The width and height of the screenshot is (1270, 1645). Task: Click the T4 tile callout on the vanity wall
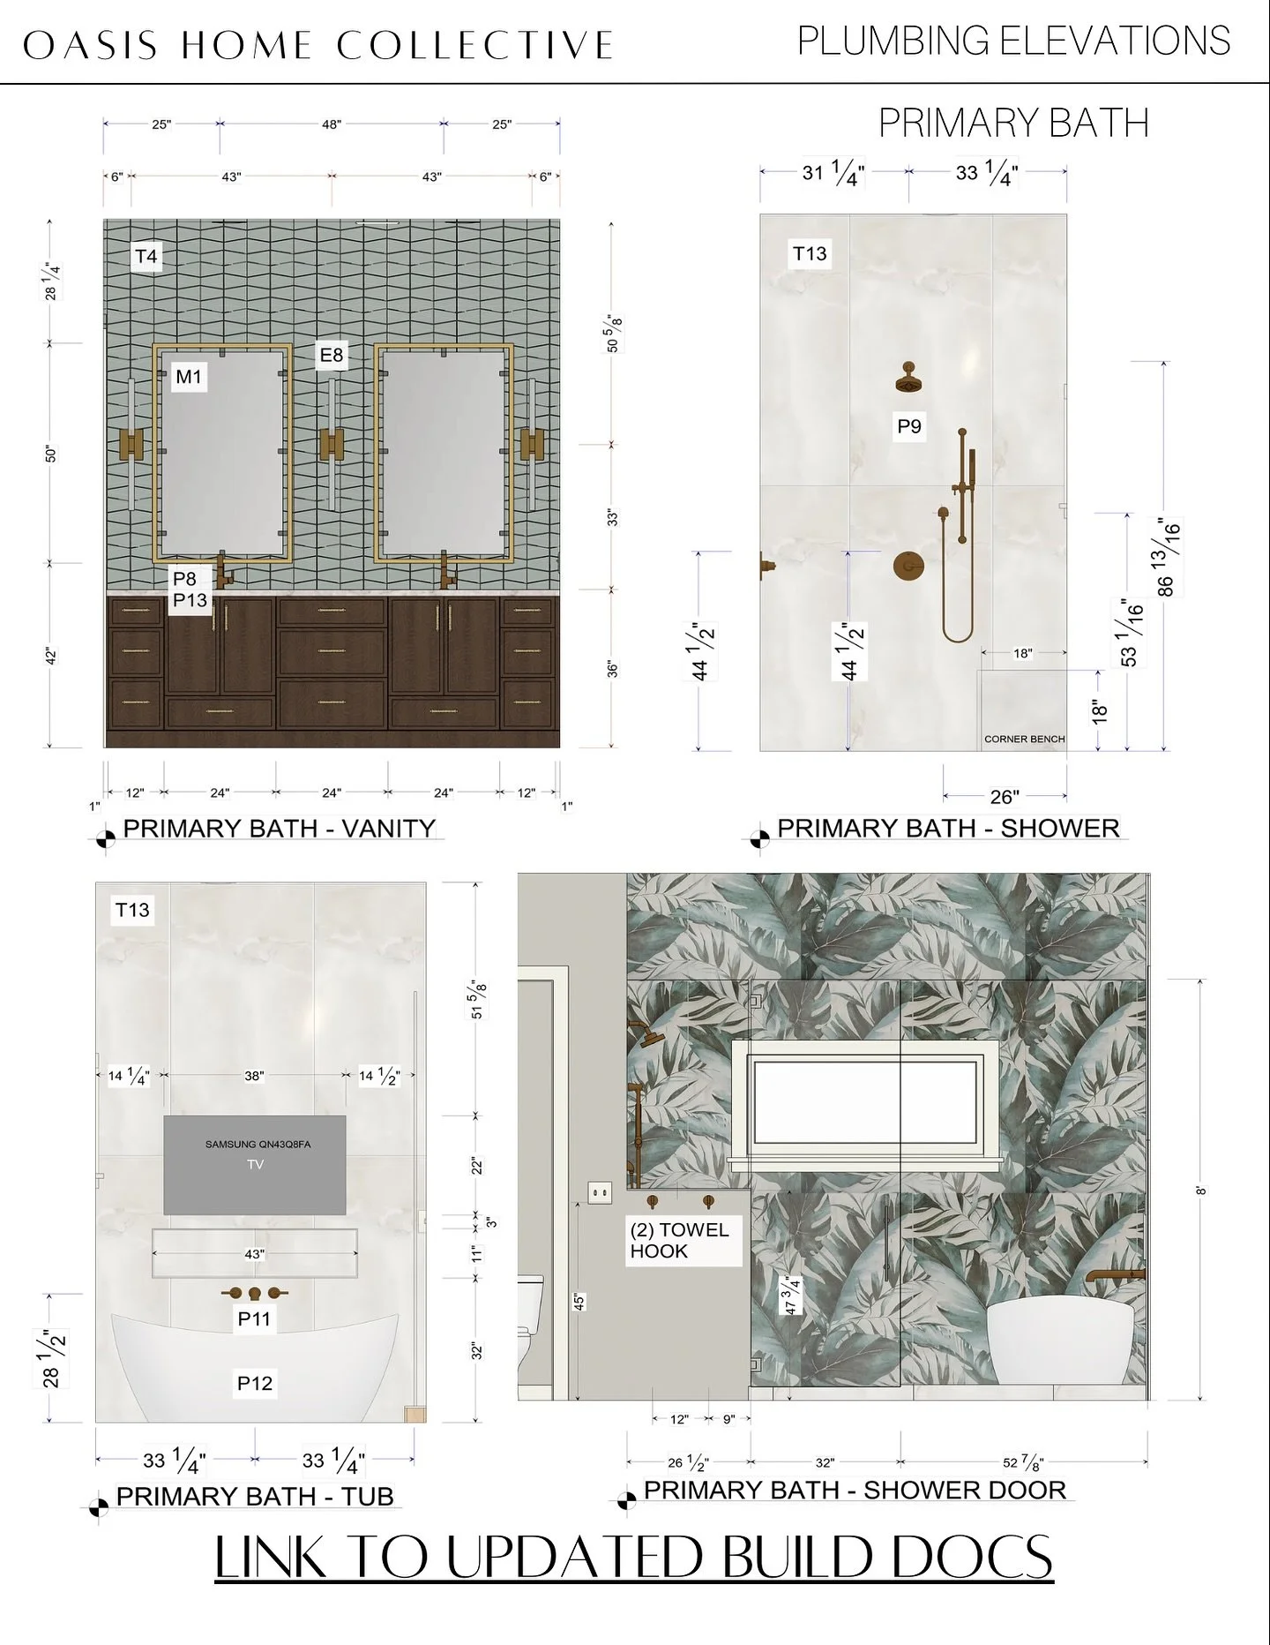(146, 257)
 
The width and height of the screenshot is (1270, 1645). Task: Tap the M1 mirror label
(189, 377)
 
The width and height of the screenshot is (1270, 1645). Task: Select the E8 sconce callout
(332, 355)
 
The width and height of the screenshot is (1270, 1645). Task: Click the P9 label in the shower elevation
(909, 427)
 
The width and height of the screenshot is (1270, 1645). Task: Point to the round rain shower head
(907, 381)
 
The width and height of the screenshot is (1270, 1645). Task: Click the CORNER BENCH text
(1024, 739)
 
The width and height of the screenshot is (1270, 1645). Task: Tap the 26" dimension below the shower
(1004, 797)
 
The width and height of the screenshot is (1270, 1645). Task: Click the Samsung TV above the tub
(255, 1165)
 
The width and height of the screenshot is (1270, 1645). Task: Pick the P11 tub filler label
(254, 1319)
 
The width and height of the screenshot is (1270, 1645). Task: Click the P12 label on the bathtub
(254, 1383)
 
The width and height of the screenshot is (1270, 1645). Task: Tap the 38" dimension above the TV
(254, 1076)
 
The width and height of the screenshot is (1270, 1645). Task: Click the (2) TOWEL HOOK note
(679, 1240)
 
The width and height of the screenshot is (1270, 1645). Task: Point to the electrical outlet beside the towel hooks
(600, 1193)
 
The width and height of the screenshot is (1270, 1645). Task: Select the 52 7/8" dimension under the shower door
(1023, 1462)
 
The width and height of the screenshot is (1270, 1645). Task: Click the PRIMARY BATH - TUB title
(255, 1497)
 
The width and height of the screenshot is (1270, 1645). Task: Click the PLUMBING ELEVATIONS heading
(1013, 41)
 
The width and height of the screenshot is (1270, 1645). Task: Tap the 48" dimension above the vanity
(331, 124)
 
